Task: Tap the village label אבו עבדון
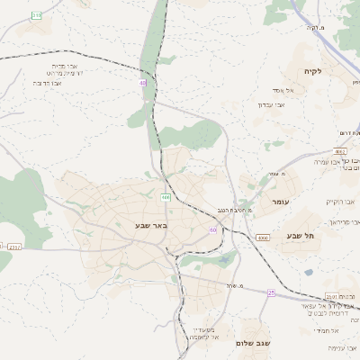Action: [272, 105]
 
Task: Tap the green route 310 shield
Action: [36, 15]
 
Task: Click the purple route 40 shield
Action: [142, 83]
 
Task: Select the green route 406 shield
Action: [166, 196]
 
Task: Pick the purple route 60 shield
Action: [212, 230]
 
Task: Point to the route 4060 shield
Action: [263, 238]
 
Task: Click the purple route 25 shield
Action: [271, 292]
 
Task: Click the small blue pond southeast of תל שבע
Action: [309, 272]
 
